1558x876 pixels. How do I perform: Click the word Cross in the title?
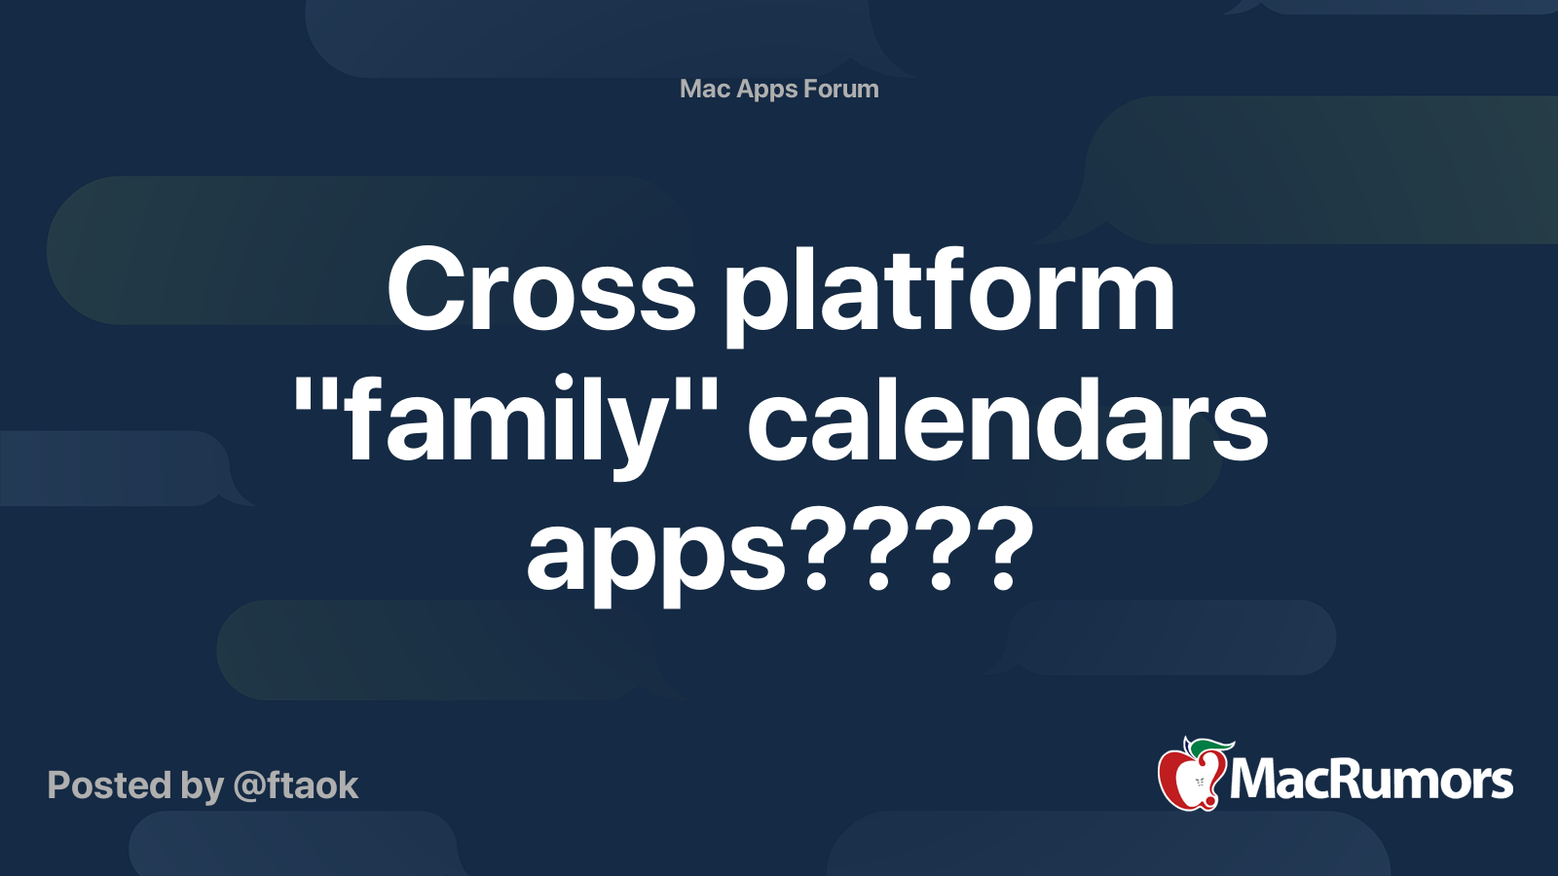point(541,290)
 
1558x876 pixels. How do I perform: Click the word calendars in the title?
point(1008,421)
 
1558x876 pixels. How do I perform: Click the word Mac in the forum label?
point(705,89)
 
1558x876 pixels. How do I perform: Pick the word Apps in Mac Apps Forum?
point(767,90)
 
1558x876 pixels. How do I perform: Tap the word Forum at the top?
point(841,89)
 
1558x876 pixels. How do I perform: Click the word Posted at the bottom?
point(109,785)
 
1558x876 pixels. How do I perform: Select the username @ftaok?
point(296,785)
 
